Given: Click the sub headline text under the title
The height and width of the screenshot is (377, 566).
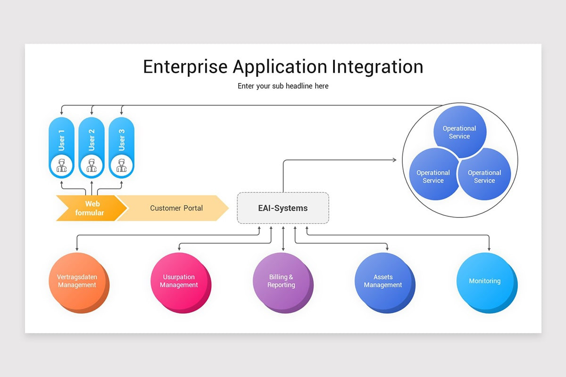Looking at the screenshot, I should [283, 86].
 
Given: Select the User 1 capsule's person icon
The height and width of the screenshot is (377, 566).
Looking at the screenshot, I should [62, 165].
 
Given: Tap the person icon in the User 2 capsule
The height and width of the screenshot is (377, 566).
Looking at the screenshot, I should [92, 165].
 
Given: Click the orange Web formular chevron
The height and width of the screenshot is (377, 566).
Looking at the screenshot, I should [90, 208].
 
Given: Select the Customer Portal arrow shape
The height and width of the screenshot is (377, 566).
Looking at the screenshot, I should [175, 208].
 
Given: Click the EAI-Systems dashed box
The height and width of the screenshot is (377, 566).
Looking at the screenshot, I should [283, 208].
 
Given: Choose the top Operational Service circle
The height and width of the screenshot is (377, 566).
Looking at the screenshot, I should [459, 132].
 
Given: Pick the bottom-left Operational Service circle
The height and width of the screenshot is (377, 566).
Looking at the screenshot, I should [433, 176].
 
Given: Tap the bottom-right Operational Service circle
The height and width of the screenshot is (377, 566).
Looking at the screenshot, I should [484, 176].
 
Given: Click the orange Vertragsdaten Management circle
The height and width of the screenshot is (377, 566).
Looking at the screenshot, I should [77, 281].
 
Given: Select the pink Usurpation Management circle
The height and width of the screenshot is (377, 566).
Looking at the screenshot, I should [179, 281].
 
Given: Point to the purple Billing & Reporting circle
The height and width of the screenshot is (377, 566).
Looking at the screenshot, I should [281, 281].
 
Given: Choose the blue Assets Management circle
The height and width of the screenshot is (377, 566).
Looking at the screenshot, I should [383, 281].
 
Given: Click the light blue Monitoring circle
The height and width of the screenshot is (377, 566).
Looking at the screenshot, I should [485, 281].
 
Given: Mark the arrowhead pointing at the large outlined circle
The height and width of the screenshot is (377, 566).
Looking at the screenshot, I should [395, 160].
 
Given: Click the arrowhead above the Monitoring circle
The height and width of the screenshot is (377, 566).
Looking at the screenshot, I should [489, 249].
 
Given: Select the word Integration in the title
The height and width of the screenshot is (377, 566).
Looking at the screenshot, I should [377, 67].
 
